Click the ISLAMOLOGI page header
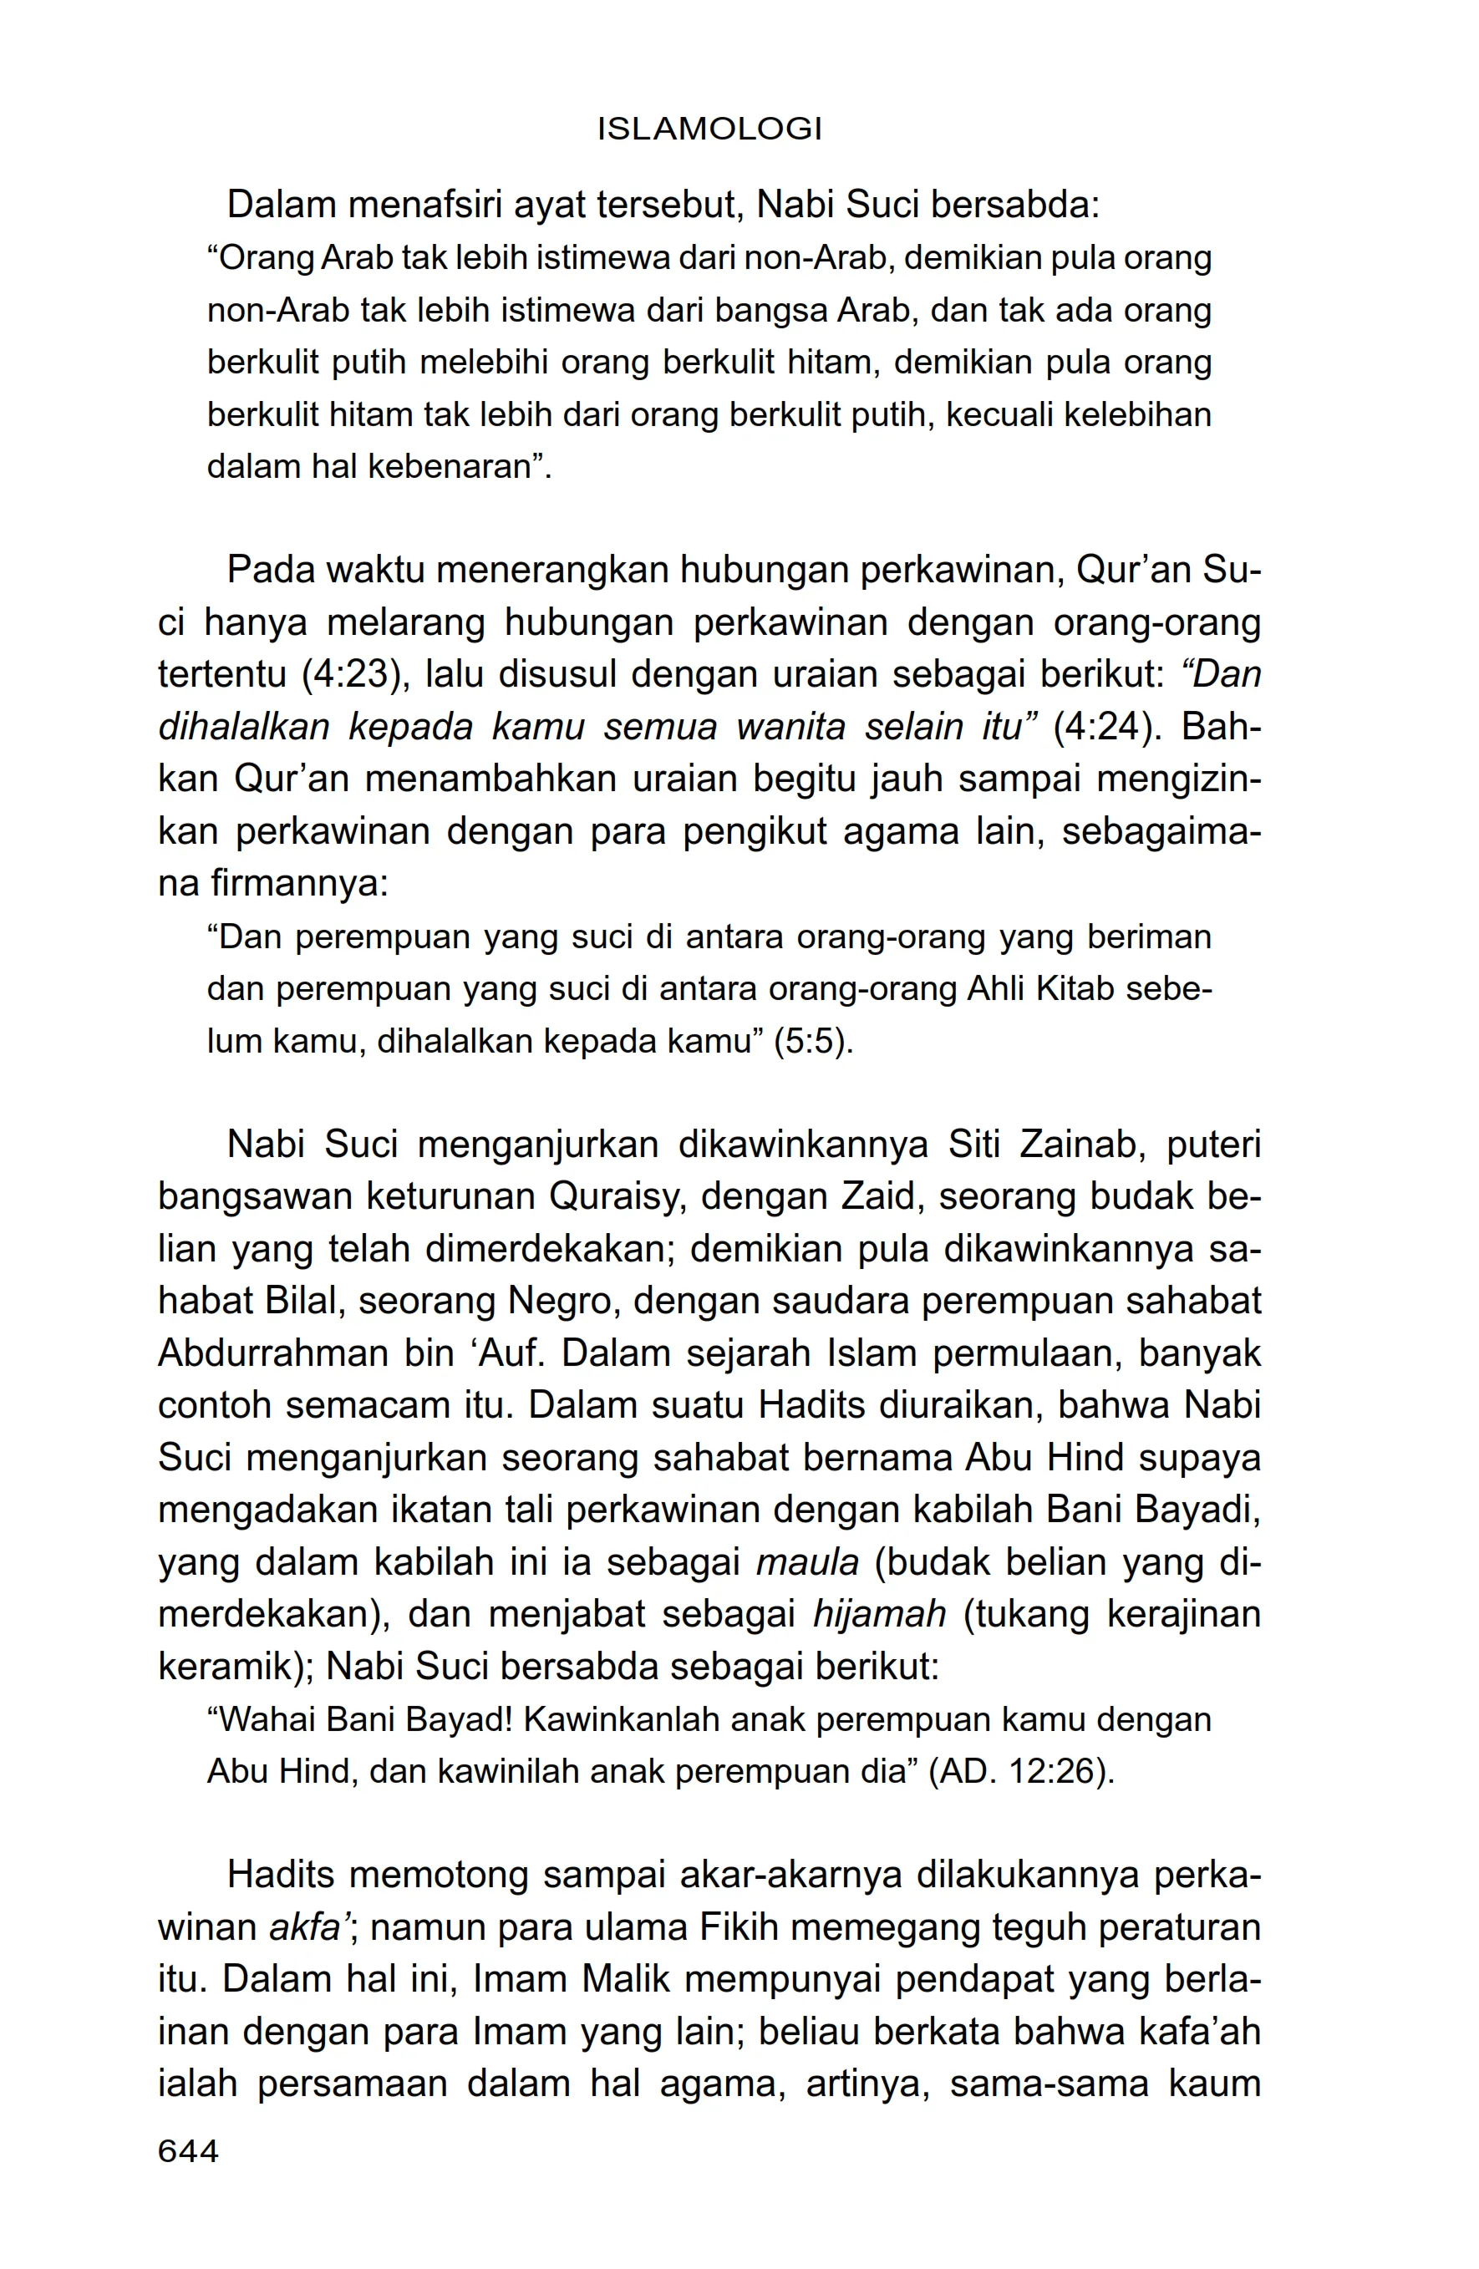click(x=709, y=129)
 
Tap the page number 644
click(x=189, y=2150)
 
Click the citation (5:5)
click(x=813, y=1041)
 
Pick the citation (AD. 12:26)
click(x=1021, y=1771)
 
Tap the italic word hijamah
click(x=879, y=1614)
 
